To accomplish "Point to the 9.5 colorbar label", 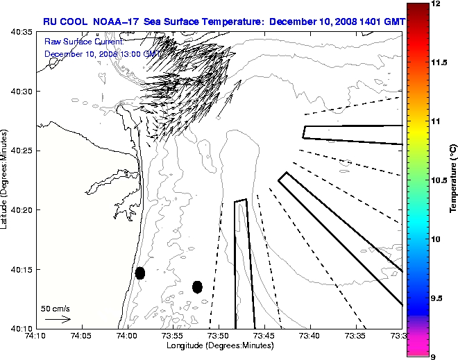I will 437,298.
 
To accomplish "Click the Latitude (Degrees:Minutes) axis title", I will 6,180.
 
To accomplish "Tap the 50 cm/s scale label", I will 56,308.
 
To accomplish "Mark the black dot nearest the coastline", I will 140,273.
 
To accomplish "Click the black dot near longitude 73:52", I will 197,286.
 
